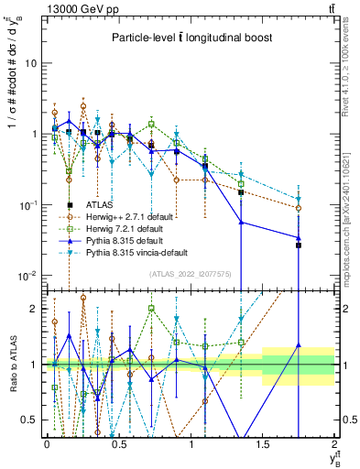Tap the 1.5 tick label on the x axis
264,442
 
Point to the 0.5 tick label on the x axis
118,442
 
